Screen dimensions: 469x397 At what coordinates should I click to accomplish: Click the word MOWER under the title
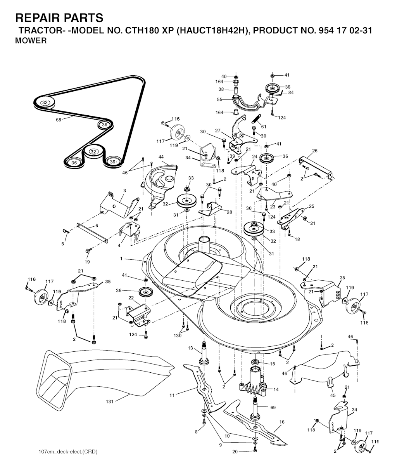click(31, 41)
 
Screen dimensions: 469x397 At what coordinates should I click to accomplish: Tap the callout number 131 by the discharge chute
click(110, 401)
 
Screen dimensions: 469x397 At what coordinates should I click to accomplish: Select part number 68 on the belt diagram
click(59, 120)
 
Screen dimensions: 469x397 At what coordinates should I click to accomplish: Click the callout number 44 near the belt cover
click(161, 156)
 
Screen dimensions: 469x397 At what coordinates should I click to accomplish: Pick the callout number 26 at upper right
click(315, 151)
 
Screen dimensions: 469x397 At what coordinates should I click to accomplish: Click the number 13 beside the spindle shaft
click(190, 348)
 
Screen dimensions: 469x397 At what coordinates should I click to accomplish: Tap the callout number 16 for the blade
click(282, 421)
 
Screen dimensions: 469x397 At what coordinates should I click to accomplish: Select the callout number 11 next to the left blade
click(172, 395)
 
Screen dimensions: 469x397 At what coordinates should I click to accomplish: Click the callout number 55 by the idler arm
click(219, 99)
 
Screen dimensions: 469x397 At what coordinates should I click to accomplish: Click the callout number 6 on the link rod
click(97, 225)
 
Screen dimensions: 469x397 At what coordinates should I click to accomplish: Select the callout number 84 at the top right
click(290, 92)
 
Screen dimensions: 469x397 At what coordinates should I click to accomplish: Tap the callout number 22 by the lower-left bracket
click(131, 298)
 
